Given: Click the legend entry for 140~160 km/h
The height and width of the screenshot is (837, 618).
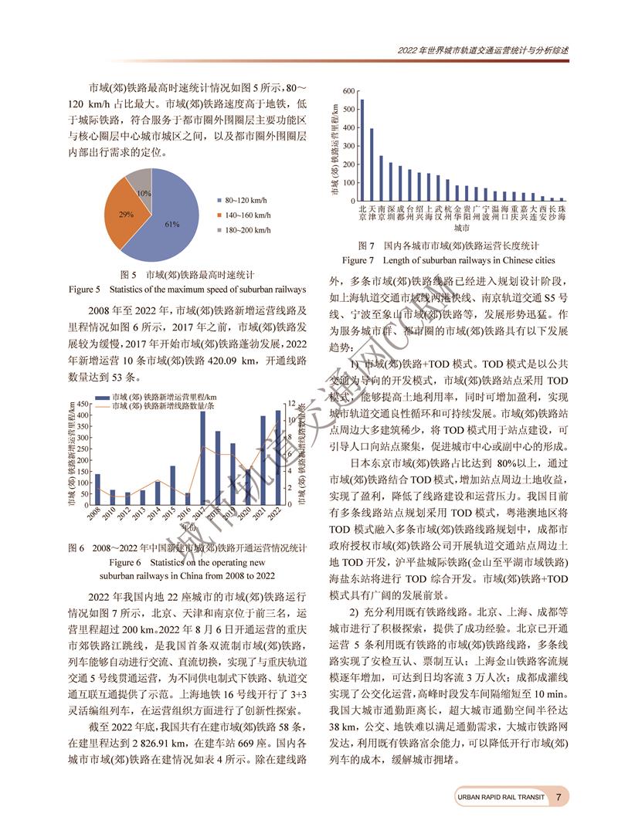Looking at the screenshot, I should (243, 215).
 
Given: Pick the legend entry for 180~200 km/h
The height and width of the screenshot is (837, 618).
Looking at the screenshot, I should (243, 230).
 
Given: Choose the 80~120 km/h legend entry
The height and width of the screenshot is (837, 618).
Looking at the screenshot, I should (243, 201).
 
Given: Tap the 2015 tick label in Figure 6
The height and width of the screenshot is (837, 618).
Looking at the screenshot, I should (171, 513).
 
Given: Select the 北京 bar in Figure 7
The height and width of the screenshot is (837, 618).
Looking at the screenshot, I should (362, 150).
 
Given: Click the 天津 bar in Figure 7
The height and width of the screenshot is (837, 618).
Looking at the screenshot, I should (372, 164).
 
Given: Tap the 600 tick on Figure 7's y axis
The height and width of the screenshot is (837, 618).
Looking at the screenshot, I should (348, 92).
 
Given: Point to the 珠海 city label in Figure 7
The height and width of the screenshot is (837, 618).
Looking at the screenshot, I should (562, 212).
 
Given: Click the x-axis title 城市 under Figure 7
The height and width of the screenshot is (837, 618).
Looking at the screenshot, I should (461, 229).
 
